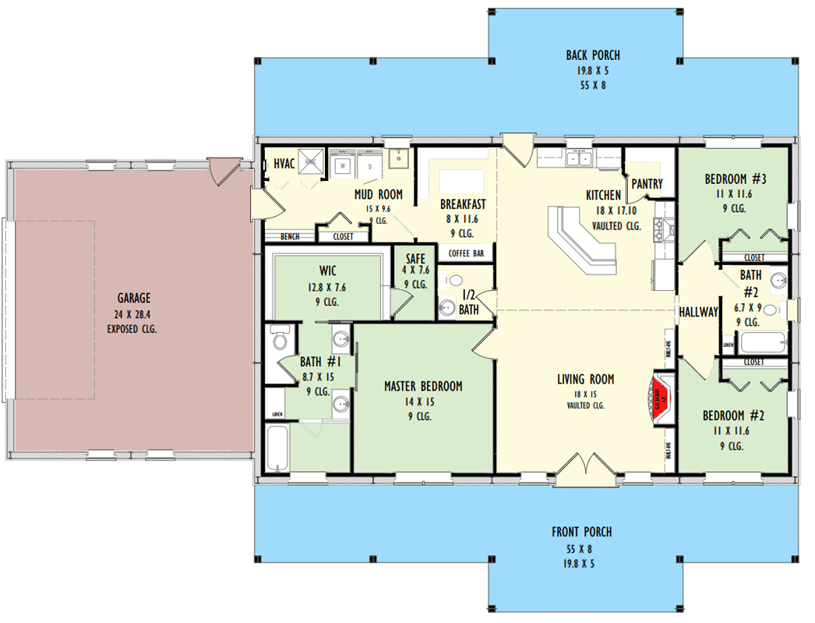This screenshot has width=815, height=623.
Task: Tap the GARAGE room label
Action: coord(134,298)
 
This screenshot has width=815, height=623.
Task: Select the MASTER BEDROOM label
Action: coord(423,386)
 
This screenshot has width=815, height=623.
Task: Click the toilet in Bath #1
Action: coord(280,339)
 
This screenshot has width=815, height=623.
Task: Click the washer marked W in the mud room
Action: coord(341,165)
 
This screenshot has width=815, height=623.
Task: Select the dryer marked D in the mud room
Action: coord(370,165)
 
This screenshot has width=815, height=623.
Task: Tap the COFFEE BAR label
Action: coord(466,253)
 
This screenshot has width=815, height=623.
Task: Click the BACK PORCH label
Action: coord(593,55)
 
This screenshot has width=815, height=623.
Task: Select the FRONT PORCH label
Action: coord(581,532)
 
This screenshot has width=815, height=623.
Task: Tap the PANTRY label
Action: coord(647,184)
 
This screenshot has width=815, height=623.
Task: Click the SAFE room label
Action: coord(415,257)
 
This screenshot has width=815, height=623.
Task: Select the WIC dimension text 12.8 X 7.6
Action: coord(327,287)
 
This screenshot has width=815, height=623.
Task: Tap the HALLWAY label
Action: coord(697,312)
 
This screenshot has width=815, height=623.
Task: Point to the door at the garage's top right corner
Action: coord(226,168)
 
